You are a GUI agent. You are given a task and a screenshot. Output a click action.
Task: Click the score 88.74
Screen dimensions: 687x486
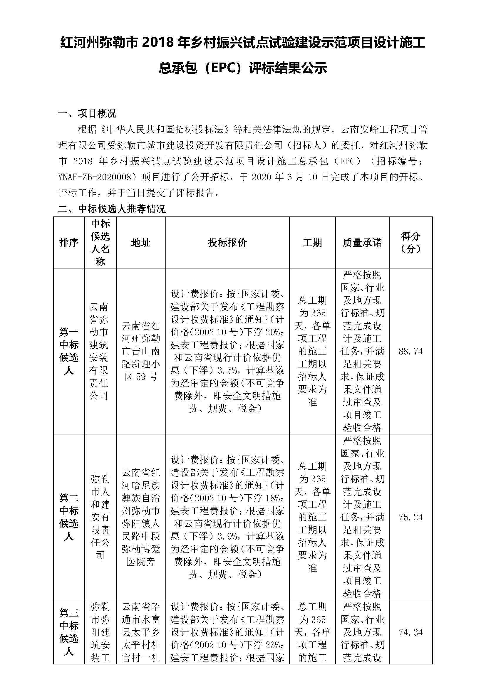click(410, 351)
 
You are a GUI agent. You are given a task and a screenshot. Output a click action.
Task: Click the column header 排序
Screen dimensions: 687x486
click(69, 243)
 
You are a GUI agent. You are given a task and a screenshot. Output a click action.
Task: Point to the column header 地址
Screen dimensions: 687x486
click(141, 243)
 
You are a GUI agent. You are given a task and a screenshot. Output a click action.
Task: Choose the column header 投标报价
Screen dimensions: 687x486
click(227, 243)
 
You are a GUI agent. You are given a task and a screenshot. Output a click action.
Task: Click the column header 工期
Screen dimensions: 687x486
click(312, 243)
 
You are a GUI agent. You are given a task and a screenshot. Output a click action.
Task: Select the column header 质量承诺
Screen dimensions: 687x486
click(362, 243)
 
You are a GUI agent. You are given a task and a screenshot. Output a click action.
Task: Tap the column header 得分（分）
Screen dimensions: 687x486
click(410, 243)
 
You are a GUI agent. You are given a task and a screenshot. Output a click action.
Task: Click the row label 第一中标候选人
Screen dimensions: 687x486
click(69, 351)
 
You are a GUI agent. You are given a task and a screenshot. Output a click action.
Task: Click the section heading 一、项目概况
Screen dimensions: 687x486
click(87, 113)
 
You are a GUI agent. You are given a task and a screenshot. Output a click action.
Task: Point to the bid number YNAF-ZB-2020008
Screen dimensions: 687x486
click(95, 177)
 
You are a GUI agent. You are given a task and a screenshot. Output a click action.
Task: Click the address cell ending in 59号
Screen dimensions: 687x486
click(141, 351)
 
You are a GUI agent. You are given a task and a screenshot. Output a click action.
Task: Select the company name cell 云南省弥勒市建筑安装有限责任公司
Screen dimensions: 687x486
click(99, 351)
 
